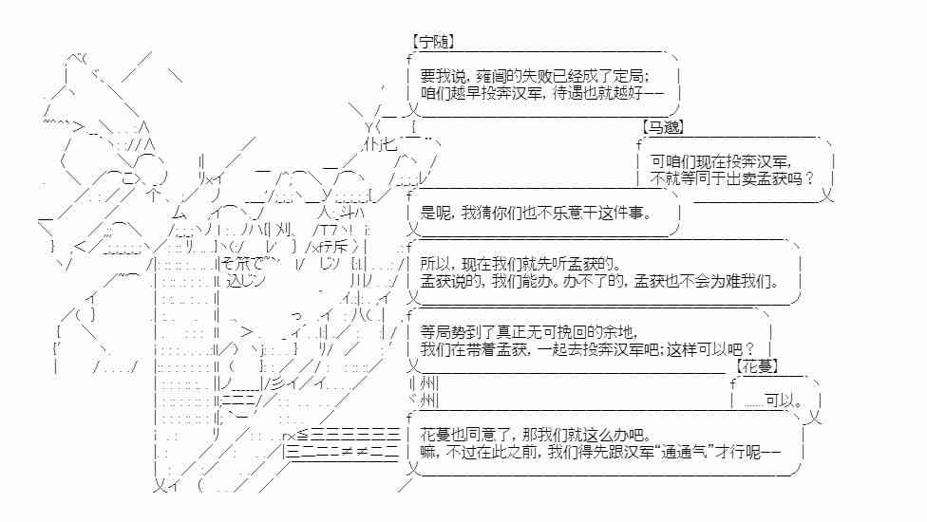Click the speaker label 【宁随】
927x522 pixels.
click(432, 42)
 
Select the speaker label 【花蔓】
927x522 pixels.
click(757, 365)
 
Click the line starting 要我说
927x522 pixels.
click(535, 76)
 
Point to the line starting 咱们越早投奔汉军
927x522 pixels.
click(539, 93)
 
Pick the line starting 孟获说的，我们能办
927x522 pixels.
click(598, 281)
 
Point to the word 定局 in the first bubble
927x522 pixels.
click(633, 76)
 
